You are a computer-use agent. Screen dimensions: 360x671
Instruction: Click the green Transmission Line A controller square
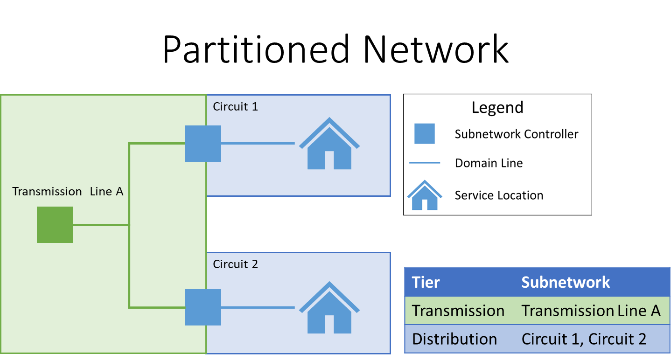(x=55, y=225)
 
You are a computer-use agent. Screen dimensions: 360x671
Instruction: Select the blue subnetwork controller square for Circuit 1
(x=203, y=144)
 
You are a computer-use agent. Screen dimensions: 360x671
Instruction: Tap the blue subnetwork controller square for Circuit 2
(x=203, y=307)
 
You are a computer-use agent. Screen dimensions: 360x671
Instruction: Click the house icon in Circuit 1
(x=329, y=144)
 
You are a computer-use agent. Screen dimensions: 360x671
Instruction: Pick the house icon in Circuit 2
(x=329, y=308)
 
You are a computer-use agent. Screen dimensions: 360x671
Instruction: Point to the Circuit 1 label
(x=235, y=107)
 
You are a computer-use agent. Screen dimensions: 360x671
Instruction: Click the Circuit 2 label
(x=235, y=264)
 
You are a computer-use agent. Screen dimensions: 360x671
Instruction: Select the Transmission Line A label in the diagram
(x=68, y=192)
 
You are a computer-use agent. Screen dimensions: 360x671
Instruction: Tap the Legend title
(x=497, y=107)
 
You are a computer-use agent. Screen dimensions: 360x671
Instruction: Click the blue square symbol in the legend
(x=424, y=134)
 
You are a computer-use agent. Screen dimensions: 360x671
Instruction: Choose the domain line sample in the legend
(x=424, y=163)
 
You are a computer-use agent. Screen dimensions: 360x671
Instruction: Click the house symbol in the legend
(x=424, y=196)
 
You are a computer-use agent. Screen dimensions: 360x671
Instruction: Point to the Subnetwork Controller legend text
(x=516, y=134)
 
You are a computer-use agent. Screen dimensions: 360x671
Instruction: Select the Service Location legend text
(x=499, y=195)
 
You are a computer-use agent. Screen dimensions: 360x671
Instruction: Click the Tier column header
(x=426, y=282)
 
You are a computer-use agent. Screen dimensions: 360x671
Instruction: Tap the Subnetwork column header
(x=566, y=282)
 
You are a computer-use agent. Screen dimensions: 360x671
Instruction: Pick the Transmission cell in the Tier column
(x=458, y=311)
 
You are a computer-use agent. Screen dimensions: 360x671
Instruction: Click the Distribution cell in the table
(x=454, y=339)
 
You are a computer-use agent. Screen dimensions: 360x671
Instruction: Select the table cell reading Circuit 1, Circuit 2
(x=584, y=339)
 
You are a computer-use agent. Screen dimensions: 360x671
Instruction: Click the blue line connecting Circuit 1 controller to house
(x=258, y=144)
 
